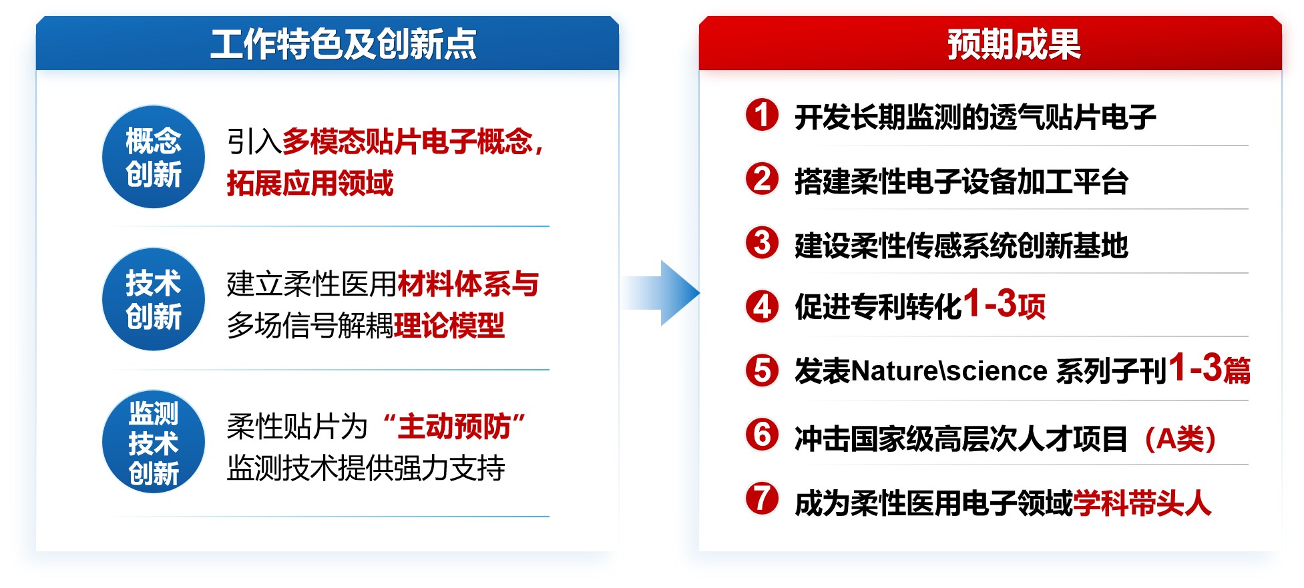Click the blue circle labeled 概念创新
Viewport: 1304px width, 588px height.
154,157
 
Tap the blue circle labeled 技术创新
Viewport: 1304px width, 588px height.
154,299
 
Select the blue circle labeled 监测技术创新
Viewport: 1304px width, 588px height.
154,442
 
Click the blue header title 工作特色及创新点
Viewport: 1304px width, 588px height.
343,44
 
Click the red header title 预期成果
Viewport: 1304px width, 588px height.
1014,44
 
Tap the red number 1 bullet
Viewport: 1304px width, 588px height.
762,114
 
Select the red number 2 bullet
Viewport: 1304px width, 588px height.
762,178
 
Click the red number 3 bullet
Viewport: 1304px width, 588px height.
762,242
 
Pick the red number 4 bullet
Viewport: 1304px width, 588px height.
762,306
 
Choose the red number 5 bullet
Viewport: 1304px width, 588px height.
762,370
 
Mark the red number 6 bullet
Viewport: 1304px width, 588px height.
762,434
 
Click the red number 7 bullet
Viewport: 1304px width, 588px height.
762,499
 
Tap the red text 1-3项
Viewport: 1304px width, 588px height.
1004,304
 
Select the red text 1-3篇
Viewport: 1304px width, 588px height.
1209,368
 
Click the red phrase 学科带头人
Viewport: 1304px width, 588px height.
1142,503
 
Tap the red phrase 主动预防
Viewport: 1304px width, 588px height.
454,426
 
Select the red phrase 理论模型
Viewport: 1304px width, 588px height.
449,326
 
